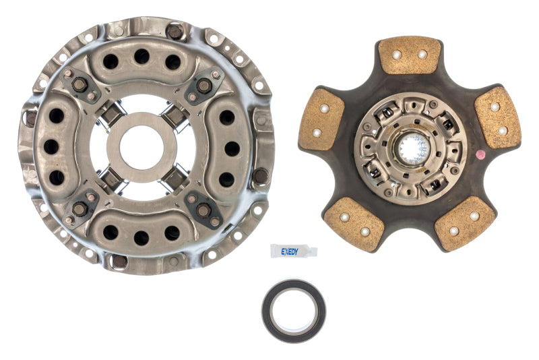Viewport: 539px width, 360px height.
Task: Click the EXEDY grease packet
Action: (x=293, y=250)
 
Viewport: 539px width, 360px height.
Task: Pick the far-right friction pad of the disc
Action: (x=498, y=117)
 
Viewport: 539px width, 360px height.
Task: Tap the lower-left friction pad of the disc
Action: (x=353, y=222)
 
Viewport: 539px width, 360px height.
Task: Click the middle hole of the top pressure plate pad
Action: (x=141, y=57)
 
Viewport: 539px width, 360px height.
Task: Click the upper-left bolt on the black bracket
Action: (x=80, y=85)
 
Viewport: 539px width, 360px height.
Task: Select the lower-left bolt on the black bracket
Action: (x=80, y=209)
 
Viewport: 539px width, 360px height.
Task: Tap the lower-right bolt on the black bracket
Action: (x=203, y=210)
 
